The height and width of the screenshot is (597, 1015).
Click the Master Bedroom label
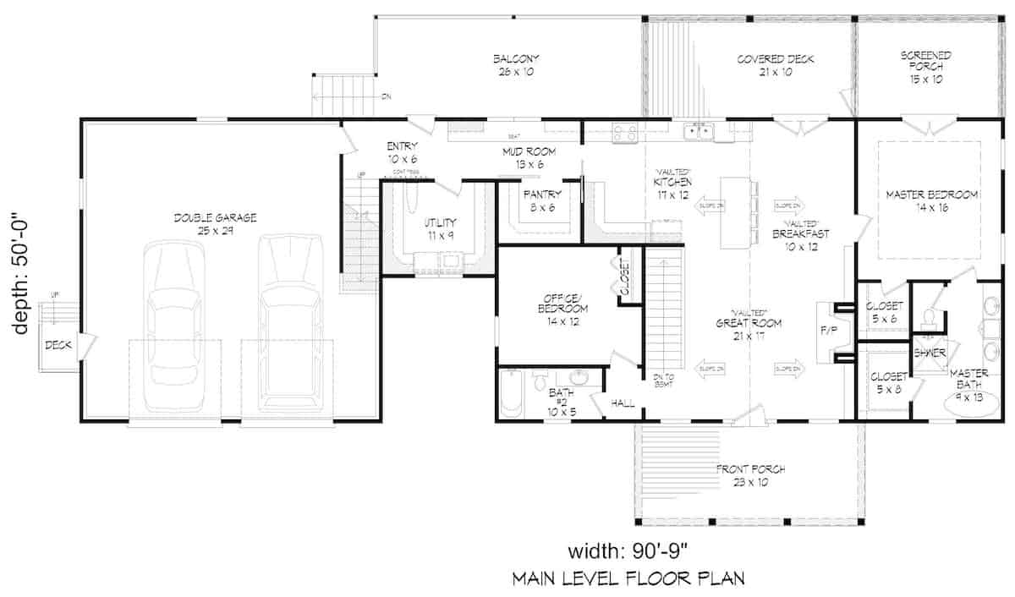931,200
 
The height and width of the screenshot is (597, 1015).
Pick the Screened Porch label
926,67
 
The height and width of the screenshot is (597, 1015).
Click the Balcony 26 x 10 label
516,65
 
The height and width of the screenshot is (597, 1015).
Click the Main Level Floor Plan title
628,579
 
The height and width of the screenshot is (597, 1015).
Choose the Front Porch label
750,475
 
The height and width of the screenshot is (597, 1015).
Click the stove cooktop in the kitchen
624,131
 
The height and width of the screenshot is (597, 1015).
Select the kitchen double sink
700,131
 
